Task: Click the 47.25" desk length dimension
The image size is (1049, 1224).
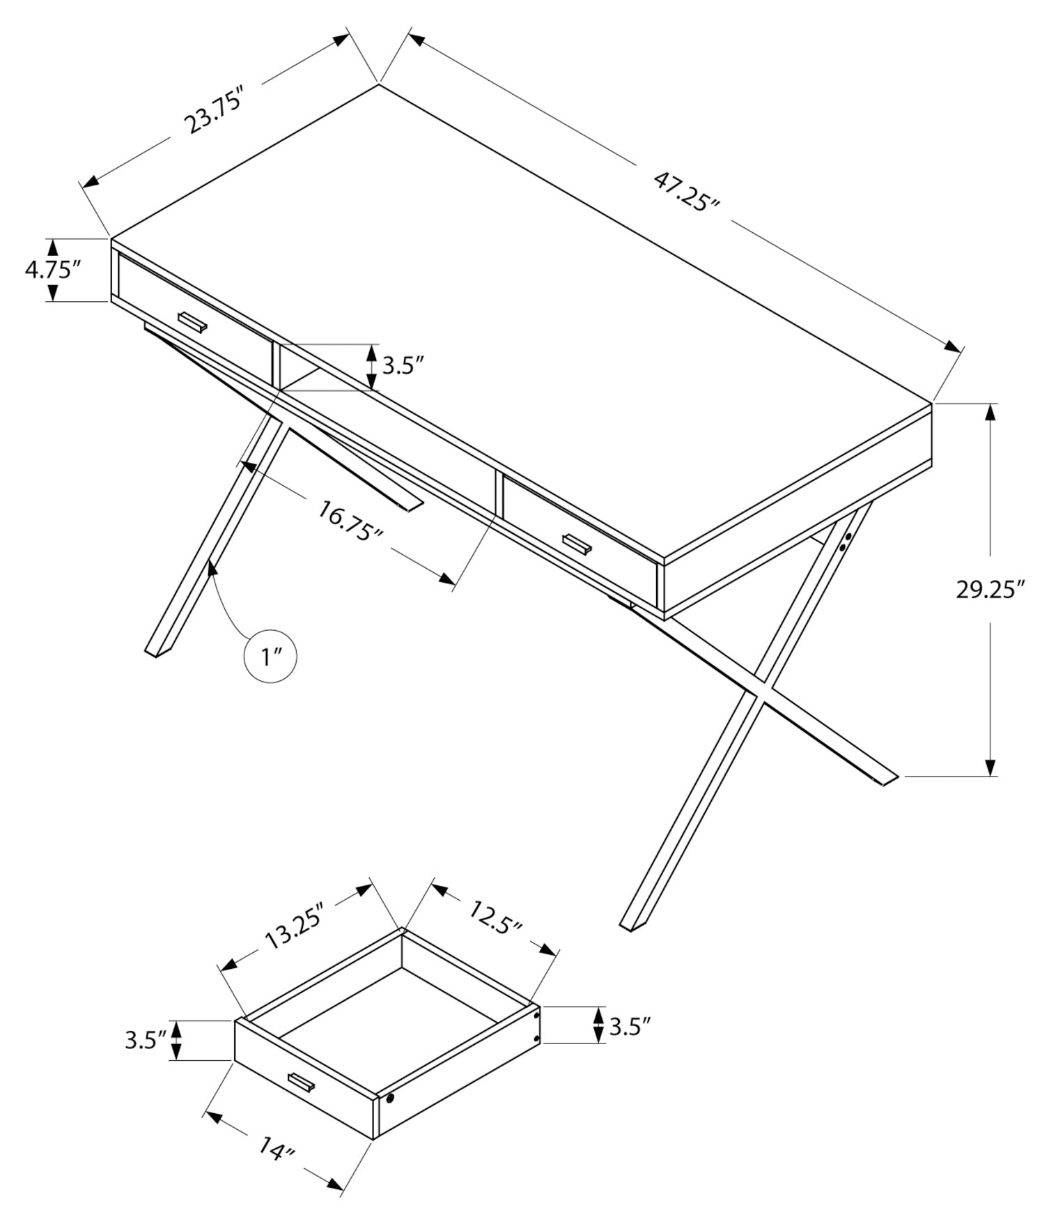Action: coord(686,192)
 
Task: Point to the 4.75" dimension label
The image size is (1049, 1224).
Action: coord(53,269)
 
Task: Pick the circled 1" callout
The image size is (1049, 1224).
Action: coord(270,656)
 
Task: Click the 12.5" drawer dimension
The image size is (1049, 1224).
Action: coord(495,917)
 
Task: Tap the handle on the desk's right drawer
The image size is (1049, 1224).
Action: coord(577,546)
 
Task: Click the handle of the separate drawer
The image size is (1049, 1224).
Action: coord(302,1081)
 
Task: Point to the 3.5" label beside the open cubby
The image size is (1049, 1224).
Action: coord(403,365)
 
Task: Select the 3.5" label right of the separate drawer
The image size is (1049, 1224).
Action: coord(630,1027)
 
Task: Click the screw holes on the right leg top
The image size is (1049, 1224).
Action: coord(846,542)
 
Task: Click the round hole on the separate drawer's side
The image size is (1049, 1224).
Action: coord(389,1099)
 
